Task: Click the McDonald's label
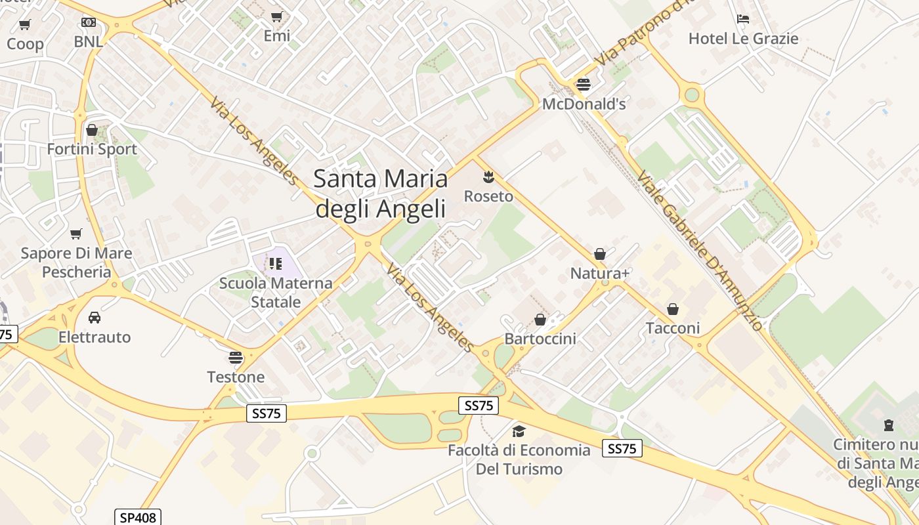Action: click(584, 104)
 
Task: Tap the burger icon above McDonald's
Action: click(584, 84)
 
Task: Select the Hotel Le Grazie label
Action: click(743, 39)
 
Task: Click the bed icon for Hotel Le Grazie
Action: click(743, 19)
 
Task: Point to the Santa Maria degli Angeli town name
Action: click(381, 194)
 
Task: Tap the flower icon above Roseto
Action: click(488, 176)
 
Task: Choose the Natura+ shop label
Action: click(600, 273)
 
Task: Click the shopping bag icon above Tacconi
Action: click(673, 308)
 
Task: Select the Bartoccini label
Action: click(540, 339)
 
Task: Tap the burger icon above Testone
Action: click(236, 358)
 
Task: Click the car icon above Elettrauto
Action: click(95, 318)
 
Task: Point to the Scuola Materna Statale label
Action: click(276, 293)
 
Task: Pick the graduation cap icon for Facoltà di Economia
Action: click(519, 431)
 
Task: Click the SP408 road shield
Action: click(137, 518)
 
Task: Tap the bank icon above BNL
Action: click(88, 22)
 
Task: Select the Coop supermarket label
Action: click(25, 44)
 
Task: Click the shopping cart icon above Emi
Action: click(277, 16)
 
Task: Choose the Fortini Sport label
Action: click(92, 149)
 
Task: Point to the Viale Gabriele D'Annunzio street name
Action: click(700, 251)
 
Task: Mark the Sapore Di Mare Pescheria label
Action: click(76, 262)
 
